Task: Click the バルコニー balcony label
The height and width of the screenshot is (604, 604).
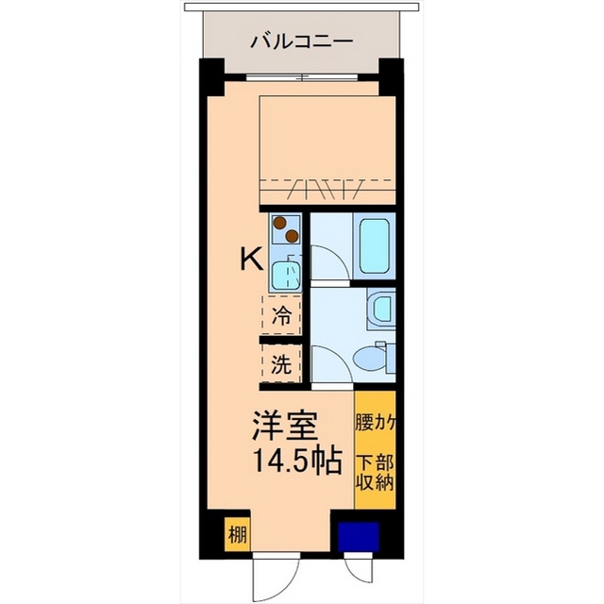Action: pyautogui.click(x=302, y=42)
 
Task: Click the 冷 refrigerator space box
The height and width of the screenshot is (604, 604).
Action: pyautogui.click(x=280, y=315)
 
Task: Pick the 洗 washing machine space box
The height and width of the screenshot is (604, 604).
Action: pyautogui.click(x=280, y=364)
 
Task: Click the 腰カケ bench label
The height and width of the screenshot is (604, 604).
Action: pyautogui.click(x=375, y=422)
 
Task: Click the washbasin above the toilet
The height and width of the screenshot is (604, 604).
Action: pyautogui.click(x=381, y=308)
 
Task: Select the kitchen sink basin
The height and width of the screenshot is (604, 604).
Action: pyautogui.click(x=284, y=275)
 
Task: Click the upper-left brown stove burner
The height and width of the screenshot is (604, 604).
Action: pyautogui.click(x=279, y=223)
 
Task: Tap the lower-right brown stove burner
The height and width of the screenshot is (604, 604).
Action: pyautogui.click(x=293, y=235)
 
